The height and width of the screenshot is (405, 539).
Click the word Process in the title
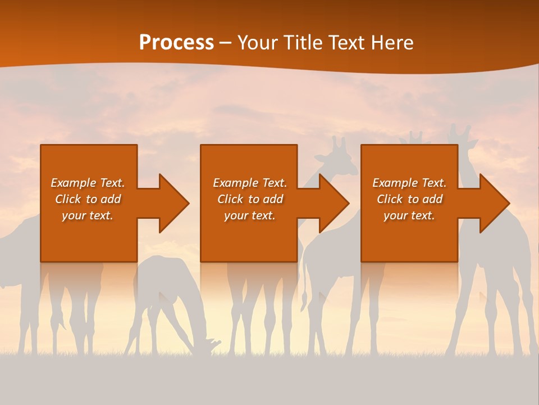176,43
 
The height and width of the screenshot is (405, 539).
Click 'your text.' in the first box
88,215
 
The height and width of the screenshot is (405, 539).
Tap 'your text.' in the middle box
249,215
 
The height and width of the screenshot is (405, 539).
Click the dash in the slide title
226,43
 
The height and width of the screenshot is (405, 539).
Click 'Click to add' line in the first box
88,199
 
